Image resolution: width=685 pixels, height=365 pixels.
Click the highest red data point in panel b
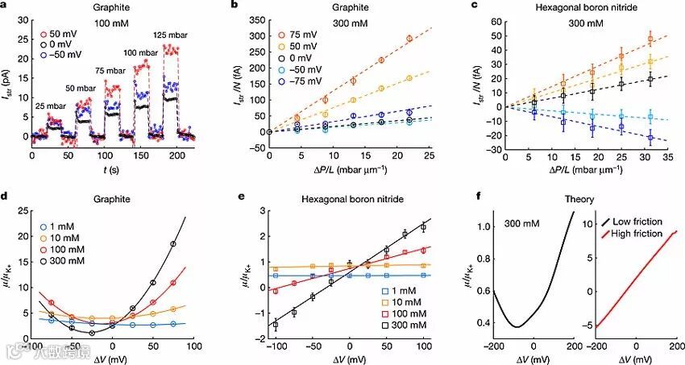coord(409,38)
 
